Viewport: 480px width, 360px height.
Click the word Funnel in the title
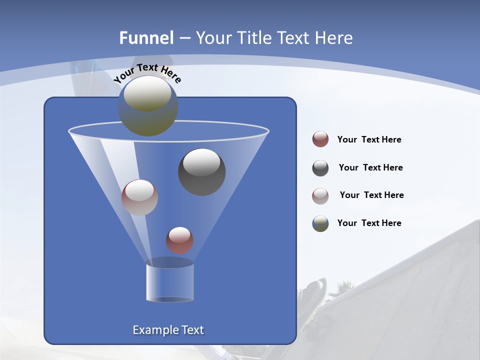146,38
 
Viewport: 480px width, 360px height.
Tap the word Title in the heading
253,38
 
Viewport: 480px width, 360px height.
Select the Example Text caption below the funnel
168,330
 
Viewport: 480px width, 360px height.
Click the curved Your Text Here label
147,72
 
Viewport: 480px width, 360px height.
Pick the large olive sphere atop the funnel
148,106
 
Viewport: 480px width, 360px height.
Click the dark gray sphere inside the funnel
202,172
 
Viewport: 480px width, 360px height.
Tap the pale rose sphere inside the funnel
139,197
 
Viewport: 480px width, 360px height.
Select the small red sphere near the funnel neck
179,240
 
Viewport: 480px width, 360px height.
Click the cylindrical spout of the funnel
170,282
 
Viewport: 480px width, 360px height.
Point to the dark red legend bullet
320,139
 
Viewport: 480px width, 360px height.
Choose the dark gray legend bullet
320,168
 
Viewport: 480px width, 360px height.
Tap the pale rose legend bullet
320,196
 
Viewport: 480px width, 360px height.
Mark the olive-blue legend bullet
320,223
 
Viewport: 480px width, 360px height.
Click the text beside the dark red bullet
369,140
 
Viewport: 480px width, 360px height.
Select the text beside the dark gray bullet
370,168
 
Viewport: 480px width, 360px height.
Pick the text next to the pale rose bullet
371,195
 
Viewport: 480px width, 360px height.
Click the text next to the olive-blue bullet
369,223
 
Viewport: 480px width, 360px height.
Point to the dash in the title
184,38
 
